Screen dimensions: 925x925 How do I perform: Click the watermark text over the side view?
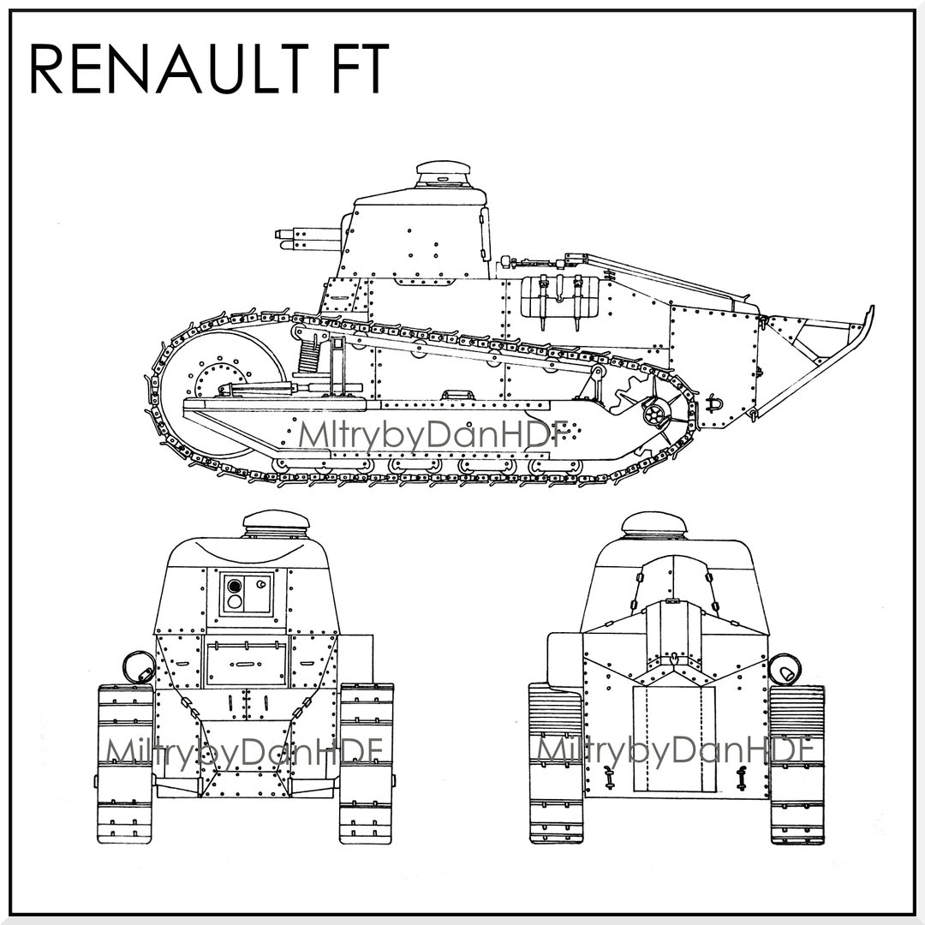click(428, 434)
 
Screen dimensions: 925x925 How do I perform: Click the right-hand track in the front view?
click(367, 762)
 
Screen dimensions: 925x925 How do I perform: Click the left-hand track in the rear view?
click(556, 762)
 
